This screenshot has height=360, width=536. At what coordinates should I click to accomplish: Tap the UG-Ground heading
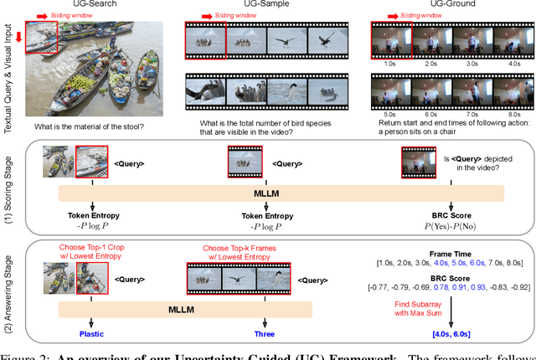[443, 5]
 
